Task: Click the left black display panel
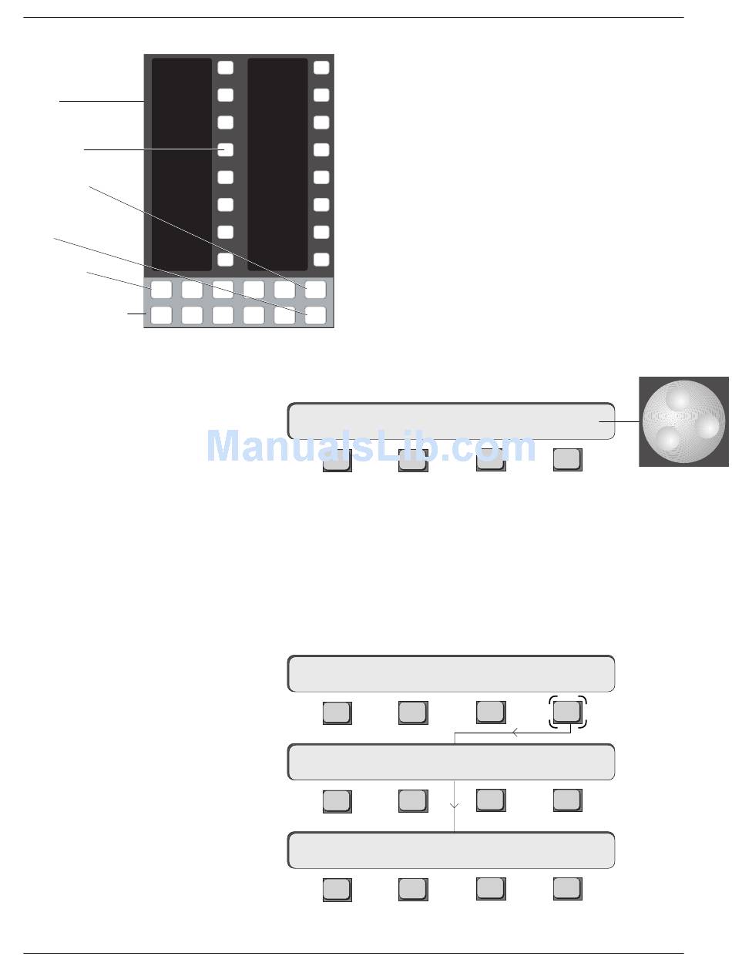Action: coord(181,163)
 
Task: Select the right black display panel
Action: coord(277,163)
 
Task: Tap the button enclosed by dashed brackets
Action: coord(567,712)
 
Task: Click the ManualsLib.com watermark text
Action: coord(371,447)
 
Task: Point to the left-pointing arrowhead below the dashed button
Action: coord(515,734)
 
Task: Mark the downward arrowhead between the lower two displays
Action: coord(455,806)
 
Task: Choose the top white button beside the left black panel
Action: coord(225,68)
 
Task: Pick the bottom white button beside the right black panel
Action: coord(321,260)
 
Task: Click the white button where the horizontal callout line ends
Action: coord(225,149)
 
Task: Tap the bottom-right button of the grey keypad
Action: coord(315,315)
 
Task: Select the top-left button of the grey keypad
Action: coord(160,290)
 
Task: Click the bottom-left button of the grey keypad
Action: coord(160,315)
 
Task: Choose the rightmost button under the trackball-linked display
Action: coord(567,459)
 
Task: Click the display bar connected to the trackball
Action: coord(451,421)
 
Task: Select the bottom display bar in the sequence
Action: coord(451,850)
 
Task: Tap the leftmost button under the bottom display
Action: coord(337,889)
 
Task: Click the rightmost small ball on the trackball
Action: coord(707,426)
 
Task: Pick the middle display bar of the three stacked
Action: coord(451,762)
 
